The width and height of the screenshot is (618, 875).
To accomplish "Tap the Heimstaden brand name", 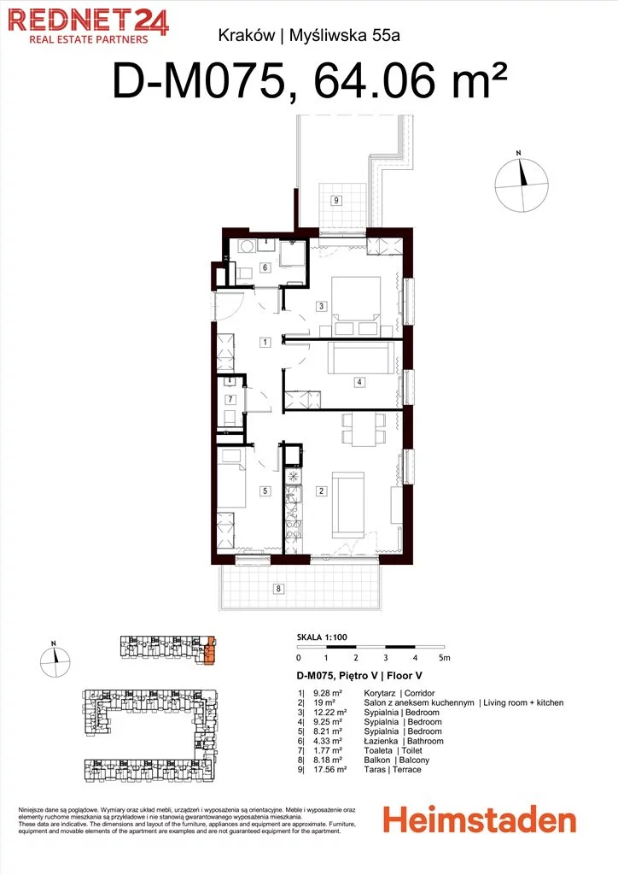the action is (479, 821).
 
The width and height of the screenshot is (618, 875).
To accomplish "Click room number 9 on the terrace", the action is (336, 200).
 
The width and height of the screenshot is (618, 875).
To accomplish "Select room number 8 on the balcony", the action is (278, 589).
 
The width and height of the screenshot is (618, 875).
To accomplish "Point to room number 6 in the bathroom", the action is (265, 267).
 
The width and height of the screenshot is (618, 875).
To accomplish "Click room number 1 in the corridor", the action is (265, 343).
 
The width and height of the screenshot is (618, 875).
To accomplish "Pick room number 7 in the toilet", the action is (230, 400).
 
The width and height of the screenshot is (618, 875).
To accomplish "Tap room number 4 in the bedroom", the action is (359, 382).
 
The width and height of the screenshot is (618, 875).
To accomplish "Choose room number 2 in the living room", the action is (321, 491).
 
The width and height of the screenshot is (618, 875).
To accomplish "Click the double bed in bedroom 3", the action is (356, 307).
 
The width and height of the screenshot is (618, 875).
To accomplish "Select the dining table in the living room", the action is (364, 430).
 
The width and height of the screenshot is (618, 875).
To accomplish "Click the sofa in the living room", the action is (349, 505).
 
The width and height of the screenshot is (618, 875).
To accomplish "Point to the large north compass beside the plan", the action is (522, 185).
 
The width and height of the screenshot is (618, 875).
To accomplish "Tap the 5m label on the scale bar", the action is (444, 658).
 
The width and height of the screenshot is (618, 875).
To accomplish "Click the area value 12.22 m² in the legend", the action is (329, 713).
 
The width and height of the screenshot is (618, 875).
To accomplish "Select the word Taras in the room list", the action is (375, 770).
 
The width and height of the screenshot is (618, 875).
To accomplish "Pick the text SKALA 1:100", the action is (322, 637).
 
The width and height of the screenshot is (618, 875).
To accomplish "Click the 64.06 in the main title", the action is (375, 81).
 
